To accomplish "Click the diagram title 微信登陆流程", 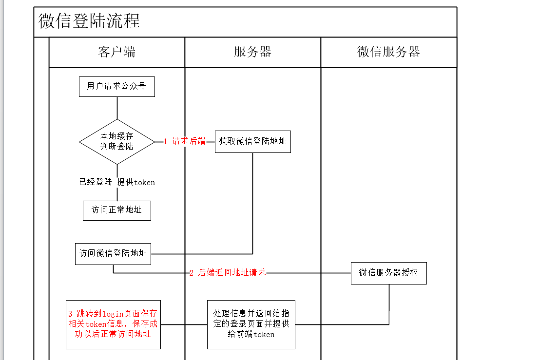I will coord(89,21).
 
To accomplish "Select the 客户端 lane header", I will coord(116,52).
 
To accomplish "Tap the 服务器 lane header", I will coord(252,52).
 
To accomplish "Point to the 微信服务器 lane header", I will coord(388,52).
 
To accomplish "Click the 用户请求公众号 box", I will coord(116,86).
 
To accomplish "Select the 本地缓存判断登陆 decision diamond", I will coord(116,142).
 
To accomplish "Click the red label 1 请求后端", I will coord(184,142).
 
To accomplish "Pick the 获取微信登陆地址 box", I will coord(252,142).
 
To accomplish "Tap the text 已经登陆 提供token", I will coord(117,182).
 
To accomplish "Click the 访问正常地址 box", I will coord(116,210).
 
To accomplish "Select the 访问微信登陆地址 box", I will coord(113,254).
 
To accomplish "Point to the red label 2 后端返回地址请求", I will coord(228,273).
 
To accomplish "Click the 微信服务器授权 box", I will coord(388,273).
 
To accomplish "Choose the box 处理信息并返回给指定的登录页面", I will coord(251,324).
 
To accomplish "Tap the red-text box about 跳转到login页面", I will coord(113,324).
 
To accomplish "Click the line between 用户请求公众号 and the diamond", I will coord(117,108).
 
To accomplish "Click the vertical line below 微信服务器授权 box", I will coord(389,304).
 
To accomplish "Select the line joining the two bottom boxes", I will coord(184,324).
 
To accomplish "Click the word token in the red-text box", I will coord(96,324).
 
